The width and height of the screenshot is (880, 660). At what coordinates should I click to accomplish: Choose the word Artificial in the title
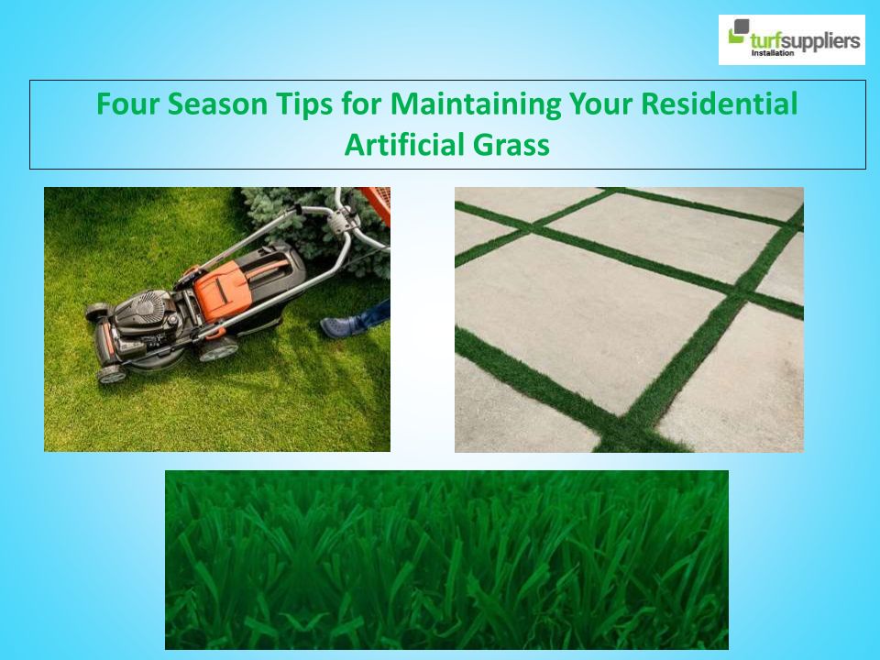[x=403, y=144]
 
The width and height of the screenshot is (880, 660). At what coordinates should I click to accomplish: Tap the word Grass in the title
[x=511, y=146]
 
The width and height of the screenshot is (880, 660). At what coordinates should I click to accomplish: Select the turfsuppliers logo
[x=791, y=39]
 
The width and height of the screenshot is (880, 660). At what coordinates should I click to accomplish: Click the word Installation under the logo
[x=773, y=53]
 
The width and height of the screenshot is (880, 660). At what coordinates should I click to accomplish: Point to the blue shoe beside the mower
[x=342, y=326]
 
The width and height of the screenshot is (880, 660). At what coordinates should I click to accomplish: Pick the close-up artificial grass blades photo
[x=446, y=560]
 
